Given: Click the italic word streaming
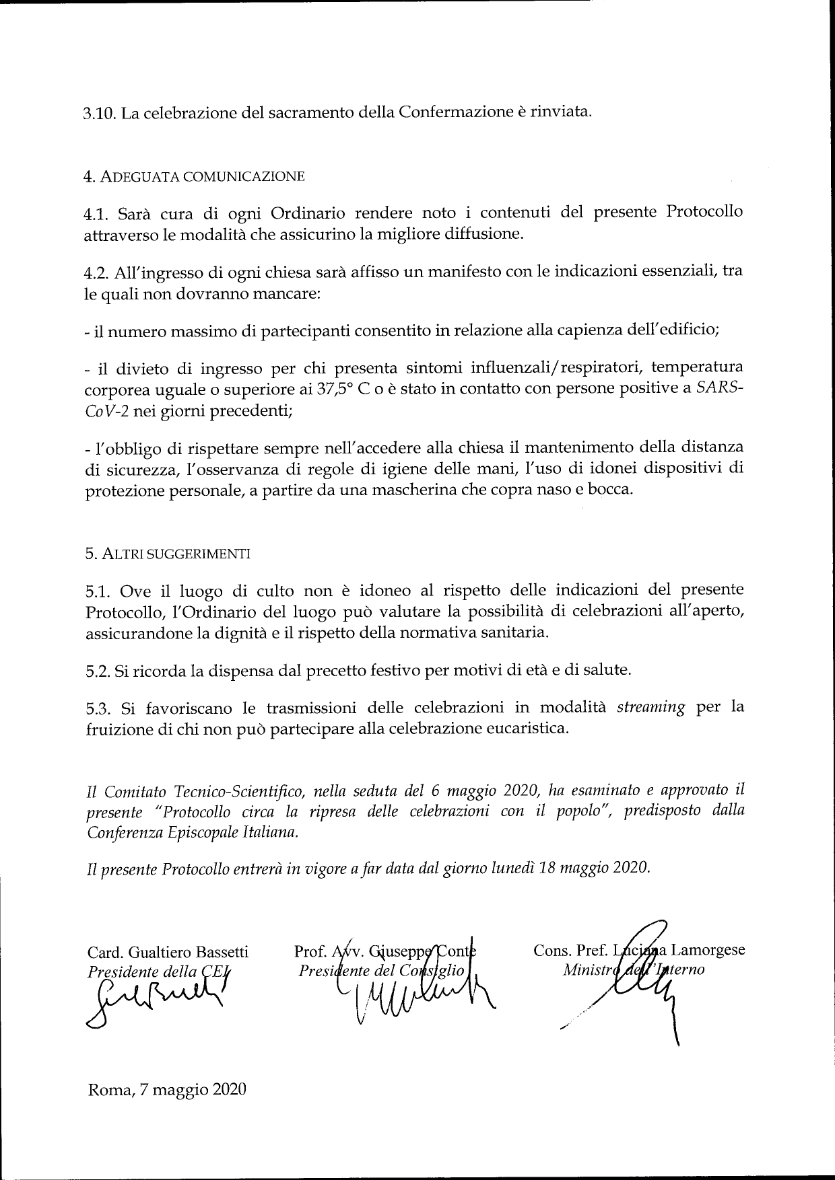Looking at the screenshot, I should pos(650,707).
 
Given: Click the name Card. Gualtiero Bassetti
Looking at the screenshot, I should pos(168,952).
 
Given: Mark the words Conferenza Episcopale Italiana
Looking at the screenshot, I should pos(191,832).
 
